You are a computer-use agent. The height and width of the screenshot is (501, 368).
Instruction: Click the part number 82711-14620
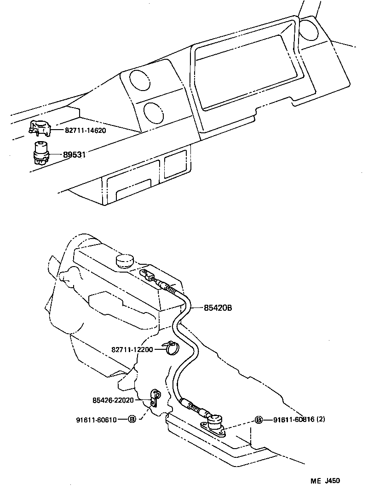pyautogui.click(x=85, y=130)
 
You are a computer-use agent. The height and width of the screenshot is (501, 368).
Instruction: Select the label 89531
pyautogui.click(x=75, y=155)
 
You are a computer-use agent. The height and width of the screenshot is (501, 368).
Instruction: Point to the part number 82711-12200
pyautogui.click(x=132, y=349)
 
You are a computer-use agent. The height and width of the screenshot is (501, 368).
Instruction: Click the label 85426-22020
pyautogui.click(x=113, y=400)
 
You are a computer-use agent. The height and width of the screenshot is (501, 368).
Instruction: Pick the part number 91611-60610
pyautogui.click(x=97, y=419)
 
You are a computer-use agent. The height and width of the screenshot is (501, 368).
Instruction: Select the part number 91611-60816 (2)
pyautogui.click(x=299, y=420)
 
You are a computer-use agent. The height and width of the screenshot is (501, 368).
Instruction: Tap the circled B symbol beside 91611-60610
pyautogui.click(x=132, y=419)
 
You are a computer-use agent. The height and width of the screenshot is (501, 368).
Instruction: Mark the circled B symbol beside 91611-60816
pyautogui.click(x=259, y=420)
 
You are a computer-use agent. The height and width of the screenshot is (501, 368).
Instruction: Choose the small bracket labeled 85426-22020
pyautogui.click(x=156, y=398)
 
